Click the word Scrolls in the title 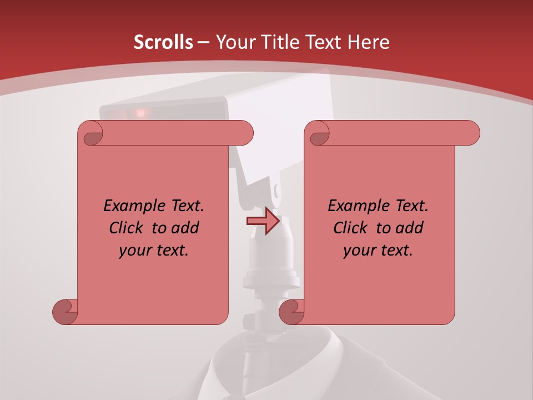click(164, 42)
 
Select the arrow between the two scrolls click(263, 221)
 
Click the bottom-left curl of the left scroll click(64, 311)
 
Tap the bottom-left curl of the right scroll click(291, 311)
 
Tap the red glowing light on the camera click(141, 113)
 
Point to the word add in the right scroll click(409, 228)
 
